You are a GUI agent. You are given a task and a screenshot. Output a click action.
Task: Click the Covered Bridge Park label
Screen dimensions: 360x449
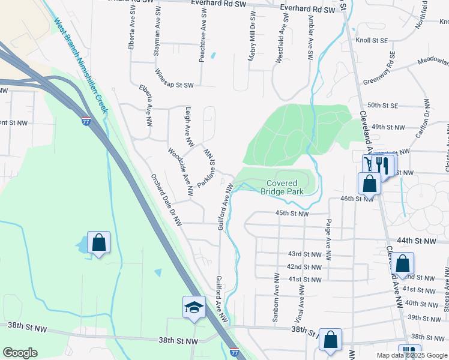pyautogui.click(x=282, y=187)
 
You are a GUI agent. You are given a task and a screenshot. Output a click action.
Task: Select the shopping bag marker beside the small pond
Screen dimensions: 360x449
pyautogui.click(x=99, y=243)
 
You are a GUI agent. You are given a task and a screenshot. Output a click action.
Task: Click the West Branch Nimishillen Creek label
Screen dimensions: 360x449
pyautogui.click(x=80, y=65)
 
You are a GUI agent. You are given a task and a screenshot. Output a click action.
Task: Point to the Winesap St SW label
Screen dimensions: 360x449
pyautogui.click(x=175, y=85)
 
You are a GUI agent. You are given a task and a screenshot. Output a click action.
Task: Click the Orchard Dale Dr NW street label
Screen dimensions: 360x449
pyautogui.click(x=166, y=200)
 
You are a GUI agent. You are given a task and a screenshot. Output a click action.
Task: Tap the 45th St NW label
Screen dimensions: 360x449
pyautogui.click(x=292, y=213)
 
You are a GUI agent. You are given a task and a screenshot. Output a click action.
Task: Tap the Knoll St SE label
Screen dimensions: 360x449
pyautogui.click(x=372, y=41)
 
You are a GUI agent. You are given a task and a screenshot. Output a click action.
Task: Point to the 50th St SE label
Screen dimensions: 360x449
pyautogui.click(x=383, y=105)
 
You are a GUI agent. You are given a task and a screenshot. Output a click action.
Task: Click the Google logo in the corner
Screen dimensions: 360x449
pyautogui.click(x=20, y=353)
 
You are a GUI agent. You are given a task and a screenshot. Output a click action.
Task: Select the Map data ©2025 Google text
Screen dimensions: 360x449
pyautogui.click(x=412, y=355)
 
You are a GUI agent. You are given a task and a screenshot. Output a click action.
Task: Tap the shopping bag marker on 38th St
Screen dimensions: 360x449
pyautogui.click(x=330, y=340)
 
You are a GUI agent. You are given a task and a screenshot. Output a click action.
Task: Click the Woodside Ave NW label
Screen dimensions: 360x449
pyautogui.click(x=180, y=173)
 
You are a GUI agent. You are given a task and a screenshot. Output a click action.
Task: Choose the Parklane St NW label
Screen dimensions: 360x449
pyautogui.click(x=206, y=169)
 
